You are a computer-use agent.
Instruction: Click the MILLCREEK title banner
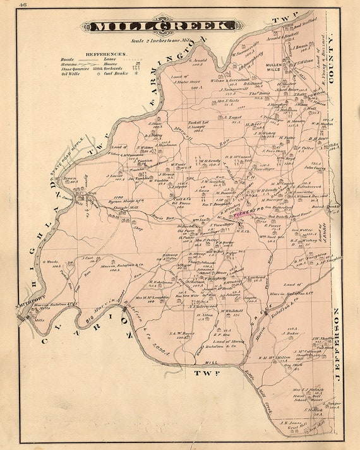pyautogui.click(x=164, y=27)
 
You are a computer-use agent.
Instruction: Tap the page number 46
pyautogui.click(x=23, y=5)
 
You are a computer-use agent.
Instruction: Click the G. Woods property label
pyautogui.click(x=51, y=261)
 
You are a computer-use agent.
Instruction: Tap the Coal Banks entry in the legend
pyautogui.click(x=126, y=73)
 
